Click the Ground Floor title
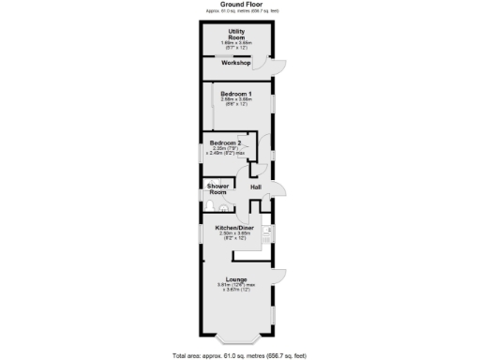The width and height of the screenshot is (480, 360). tap(239, 4)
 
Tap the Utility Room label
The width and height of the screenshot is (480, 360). tap(236, 35)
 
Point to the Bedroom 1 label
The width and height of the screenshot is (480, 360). tap(236, 94)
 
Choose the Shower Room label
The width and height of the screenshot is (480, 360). tap(218, 189)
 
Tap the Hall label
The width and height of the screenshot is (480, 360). tap(255, 187)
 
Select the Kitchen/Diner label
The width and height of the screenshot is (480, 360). tap(235, 228)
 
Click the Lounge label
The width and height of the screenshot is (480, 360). tap(236, 279)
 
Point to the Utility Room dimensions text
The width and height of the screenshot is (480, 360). tap(236, 45)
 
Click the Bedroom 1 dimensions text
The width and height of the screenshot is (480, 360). tap(236, 102)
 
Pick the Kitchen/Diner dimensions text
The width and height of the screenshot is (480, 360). tap(235, 236)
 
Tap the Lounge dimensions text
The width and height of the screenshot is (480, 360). tap(236, 288)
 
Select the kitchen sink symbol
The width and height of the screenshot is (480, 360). tap(267, 233)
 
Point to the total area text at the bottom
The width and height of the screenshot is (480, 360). tap(239, 355)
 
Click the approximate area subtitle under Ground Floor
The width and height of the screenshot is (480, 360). tap(239, 10)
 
